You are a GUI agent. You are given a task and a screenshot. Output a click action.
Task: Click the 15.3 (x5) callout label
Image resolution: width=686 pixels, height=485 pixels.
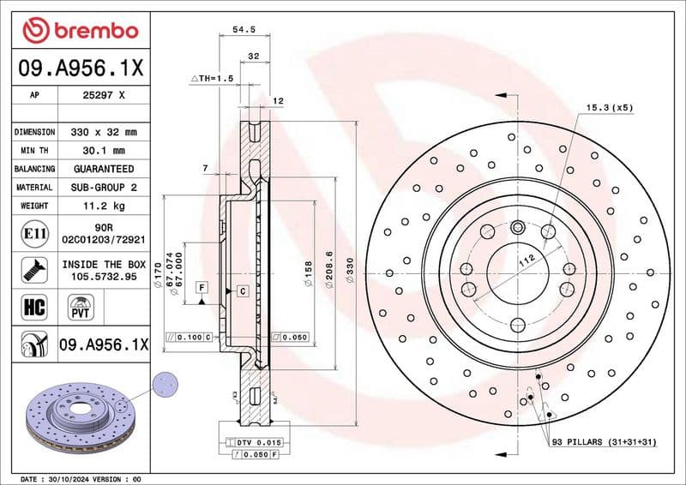point(609,108)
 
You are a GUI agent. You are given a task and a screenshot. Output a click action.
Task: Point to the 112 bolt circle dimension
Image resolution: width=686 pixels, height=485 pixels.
point(525,260)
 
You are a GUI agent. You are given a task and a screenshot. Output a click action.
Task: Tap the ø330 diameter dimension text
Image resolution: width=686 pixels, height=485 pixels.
point(350,272)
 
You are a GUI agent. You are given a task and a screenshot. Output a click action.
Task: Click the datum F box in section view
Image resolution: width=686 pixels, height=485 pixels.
point(202,286)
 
